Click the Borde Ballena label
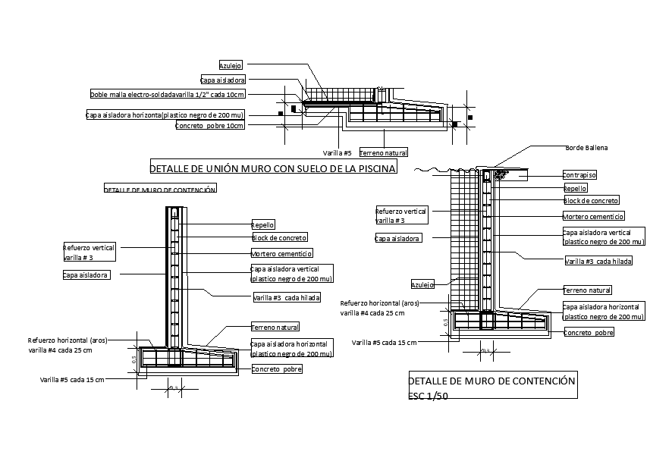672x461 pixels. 586,147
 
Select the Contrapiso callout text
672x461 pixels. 579,174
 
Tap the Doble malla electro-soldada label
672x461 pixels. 167,95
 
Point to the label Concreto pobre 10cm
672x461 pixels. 209,126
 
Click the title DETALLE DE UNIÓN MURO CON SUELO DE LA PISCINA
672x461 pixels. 273,168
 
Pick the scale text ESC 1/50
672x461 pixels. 429,396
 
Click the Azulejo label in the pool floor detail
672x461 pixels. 230,66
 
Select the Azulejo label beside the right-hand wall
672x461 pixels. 422,285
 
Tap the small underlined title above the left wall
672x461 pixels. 159,190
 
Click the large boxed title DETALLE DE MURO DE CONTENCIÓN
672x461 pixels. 491,381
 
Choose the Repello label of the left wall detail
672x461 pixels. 262,224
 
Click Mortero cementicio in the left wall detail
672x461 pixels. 281,253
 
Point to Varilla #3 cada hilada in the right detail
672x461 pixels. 598,261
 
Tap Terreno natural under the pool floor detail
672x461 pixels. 383,152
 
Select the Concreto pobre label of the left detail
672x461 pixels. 276,369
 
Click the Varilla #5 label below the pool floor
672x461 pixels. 337,152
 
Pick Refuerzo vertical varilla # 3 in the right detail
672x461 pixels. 401,215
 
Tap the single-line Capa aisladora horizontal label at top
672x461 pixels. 165,115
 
